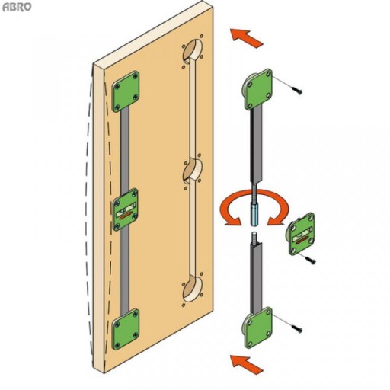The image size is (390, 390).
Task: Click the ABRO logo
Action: coord(17,7)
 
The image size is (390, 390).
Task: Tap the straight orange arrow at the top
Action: coord(246,38)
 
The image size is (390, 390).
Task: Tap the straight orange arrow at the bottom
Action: coord(246,364)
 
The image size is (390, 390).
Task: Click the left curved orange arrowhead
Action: coord(232,219)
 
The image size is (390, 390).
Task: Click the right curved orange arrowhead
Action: coord(276,219)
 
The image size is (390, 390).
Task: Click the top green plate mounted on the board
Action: coord(126,91)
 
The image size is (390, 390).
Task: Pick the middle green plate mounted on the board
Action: coord(126,209)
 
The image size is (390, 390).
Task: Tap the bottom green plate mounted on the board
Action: coord(126,329)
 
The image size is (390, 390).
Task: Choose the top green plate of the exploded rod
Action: coord(258,89)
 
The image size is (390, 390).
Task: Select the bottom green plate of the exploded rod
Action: coord(258,328)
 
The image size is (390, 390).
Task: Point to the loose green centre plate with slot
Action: coord(301,234)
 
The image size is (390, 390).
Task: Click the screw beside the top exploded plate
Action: coord(297,90)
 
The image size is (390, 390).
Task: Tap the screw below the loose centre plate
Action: coord(311,261)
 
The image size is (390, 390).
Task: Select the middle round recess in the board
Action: coord(193,171)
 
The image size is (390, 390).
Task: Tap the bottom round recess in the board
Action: coord(193,289)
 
